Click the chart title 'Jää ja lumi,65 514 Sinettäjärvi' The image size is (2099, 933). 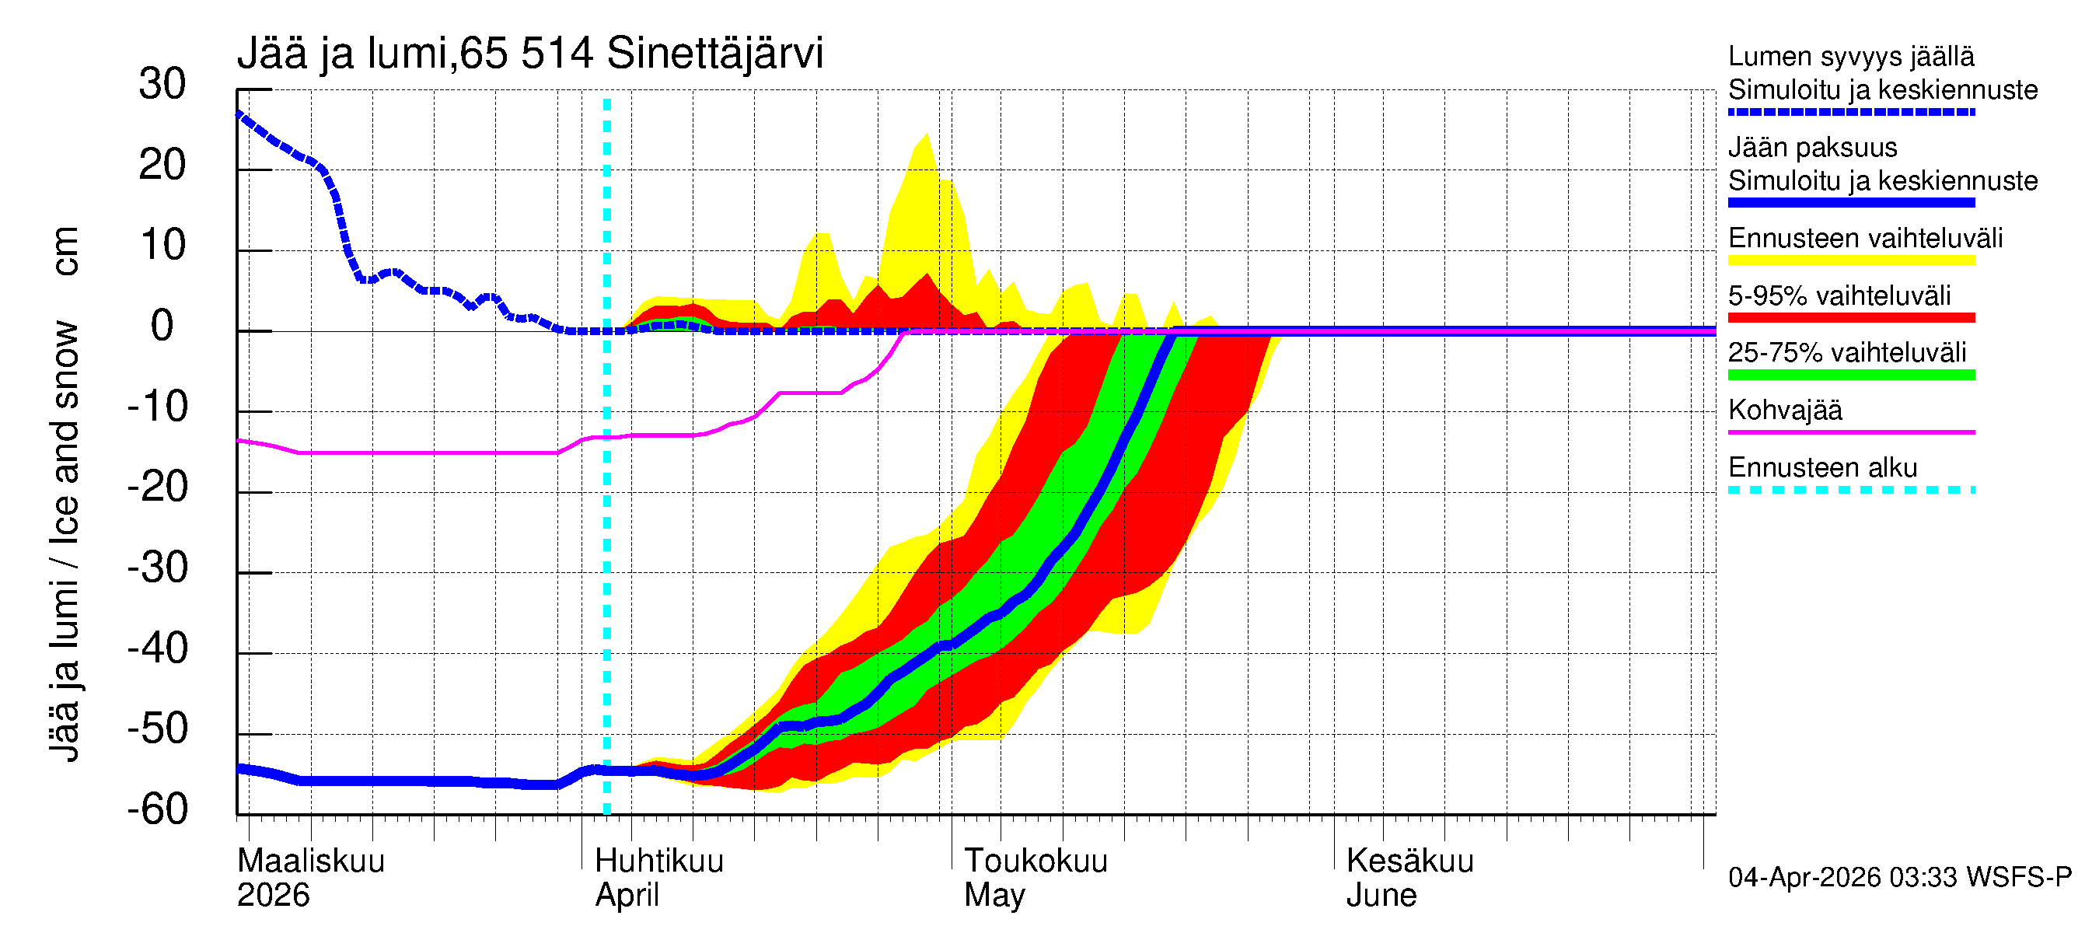pos(529,54)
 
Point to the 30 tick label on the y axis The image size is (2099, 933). pos(162,84)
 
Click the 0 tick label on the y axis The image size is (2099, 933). pos(162,326)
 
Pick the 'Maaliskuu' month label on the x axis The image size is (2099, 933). pos(310,861)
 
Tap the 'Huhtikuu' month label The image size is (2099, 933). pos(659,861)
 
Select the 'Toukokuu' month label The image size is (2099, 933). pos(1035,861)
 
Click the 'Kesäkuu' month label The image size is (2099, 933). pos(1409,861)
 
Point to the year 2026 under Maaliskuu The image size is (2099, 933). pos(273,896)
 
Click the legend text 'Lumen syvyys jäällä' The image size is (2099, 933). pos(1851,56)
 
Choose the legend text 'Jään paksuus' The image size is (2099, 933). pos(1813,148)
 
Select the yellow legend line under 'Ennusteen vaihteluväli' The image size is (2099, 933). pos(1851,260)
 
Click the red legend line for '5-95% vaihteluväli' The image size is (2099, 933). pos(1851,318)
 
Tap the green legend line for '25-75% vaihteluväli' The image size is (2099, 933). pos(1851,375)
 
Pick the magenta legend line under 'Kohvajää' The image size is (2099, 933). pos(1851,432)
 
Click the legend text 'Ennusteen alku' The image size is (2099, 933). pos(1823,468)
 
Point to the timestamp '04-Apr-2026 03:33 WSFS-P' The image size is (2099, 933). pos(1899,878)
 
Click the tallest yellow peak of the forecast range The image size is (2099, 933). pos(927,136)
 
